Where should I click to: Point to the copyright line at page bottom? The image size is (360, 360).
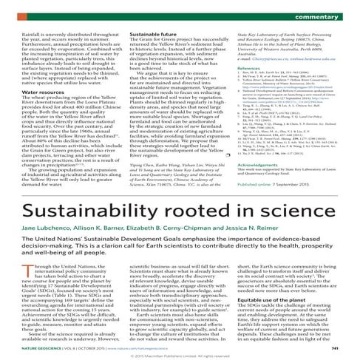180,356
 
